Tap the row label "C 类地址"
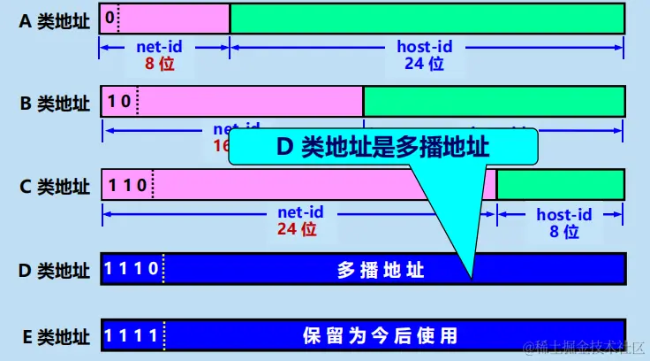click(55, 186)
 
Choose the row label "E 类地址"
click(55, 336)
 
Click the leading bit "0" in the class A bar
click(109, 17)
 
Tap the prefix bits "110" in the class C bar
click(126, 186)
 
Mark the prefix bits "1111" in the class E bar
click(132, 335)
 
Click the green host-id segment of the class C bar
click(561, 184)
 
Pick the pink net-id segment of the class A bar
click(173, 18)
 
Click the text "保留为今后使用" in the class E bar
click(380, 336)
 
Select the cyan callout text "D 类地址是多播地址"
click(382, 147)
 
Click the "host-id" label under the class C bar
click(563, 215)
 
